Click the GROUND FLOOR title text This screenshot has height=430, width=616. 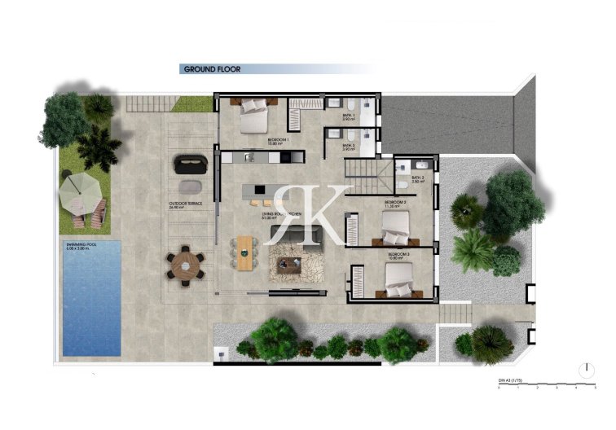[212, 70]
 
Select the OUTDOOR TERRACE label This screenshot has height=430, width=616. [185, 205]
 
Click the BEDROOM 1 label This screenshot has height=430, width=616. [279, 140]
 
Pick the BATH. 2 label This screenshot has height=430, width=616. [417, 180]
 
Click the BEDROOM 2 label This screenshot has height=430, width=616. [395, 201]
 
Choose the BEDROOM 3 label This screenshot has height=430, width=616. [398, 256]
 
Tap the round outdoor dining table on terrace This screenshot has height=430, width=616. [187, 265]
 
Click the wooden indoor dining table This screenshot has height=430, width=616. [245, 251]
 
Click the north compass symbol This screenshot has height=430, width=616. [584, 369]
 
